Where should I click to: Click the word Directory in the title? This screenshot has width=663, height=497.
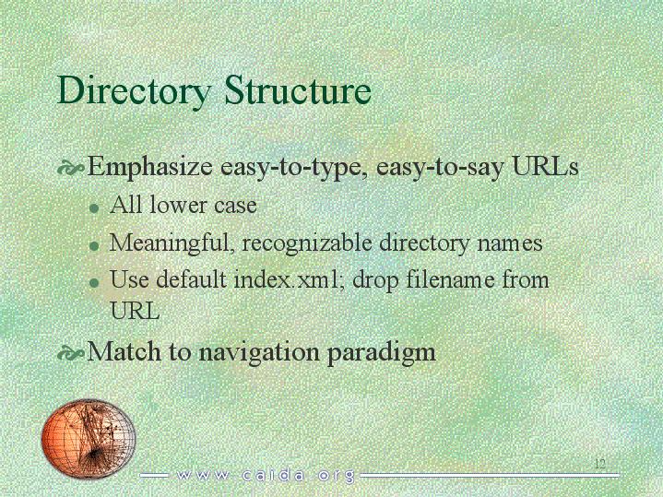134,91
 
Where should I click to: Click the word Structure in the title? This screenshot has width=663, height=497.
298,89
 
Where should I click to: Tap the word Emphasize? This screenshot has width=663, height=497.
149,167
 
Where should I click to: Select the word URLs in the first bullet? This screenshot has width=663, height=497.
545,166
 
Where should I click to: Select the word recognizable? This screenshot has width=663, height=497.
307,243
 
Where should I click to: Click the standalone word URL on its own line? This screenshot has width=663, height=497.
135,311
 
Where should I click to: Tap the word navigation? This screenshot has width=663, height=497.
259,352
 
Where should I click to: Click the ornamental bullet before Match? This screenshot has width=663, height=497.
70,353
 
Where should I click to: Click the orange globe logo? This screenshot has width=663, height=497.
89,438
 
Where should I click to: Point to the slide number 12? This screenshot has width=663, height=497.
600,463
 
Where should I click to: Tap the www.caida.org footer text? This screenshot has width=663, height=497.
266,476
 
